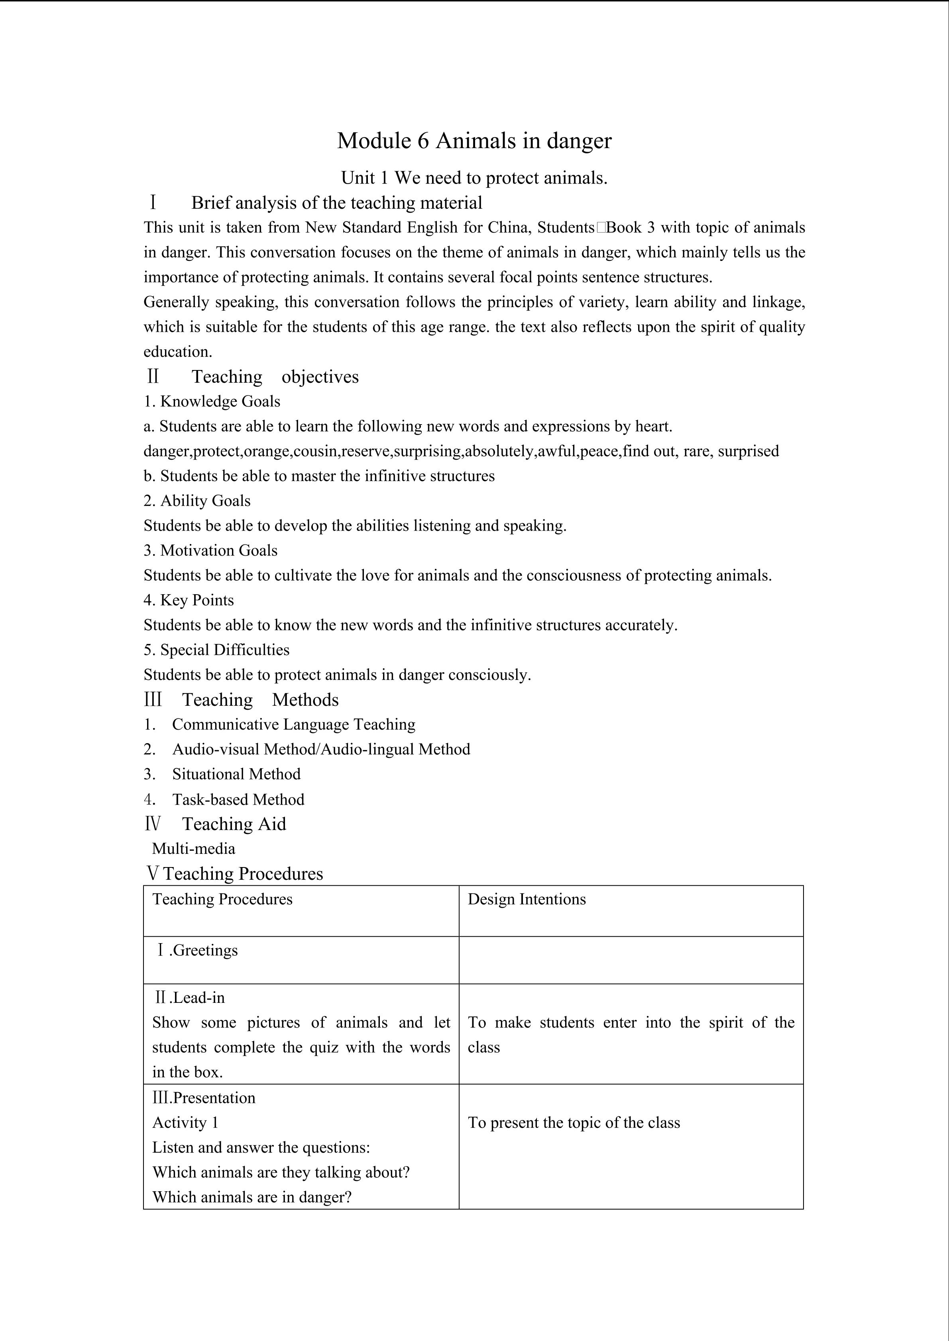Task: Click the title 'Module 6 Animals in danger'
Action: [x=474, y=141]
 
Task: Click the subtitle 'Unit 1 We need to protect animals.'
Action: [x=474, y=178]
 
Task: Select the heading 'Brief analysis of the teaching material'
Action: [x=336, y=203]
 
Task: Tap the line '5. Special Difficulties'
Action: [x=216, y=650]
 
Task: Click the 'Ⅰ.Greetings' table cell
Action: [x=197, y=950]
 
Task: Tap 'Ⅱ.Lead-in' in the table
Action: [x=189, y=998]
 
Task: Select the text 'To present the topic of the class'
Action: [x=574, y=1123]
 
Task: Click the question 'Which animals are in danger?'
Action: [x=252, y=1197]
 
